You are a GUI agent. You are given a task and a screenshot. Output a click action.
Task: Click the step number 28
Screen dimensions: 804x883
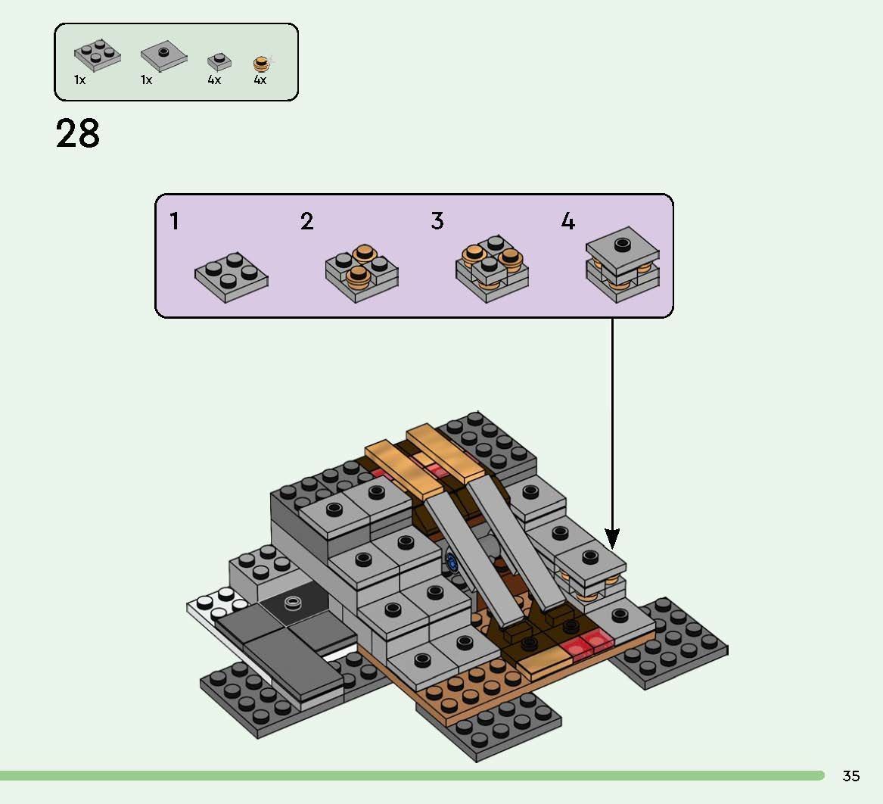click(77, 134)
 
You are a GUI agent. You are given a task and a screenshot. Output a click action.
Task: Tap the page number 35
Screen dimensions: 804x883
click(850, 776)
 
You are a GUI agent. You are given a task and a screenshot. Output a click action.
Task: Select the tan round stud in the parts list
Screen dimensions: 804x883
click(261, 64)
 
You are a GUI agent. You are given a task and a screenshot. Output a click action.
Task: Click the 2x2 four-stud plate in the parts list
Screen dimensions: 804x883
click(97, 55)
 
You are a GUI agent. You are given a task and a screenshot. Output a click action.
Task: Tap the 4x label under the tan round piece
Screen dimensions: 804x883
click(260, 79)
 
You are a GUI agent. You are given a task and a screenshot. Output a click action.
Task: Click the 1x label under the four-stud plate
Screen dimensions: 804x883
click(79, 79)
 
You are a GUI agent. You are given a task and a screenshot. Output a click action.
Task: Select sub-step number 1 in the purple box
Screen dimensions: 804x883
click(175, 222)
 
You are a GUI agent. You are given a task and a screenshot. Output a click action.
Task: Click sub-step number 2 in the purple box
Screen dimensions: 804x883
click(306, 222)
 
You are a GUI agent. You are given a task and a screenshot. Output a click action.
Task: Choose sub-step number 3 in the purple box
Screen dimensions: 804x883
click(437, 221)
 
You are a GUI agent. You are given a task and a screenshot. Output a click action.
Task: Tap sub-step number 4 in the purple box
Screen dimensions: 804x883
click(567, 221)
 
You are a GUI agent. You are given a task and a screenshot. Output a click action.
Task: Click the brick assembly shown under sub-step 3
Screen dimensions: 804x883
click(492, 268)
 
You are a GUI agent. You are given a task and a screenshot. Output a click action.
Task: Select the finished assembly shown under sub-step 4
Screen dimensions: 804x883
click(622, 265)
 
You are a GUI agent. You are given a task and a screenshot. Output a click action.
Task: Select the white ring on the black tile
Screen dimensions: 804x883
click(292, 603)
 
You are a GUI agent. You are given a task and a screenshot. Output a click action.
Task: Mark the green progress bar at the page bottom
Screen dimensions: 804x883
click(412, 776)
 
